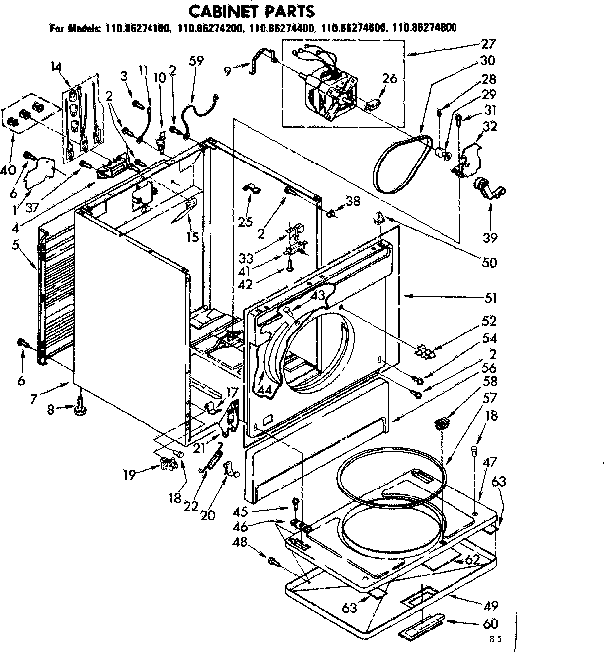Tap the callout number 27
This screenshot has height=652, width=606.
click(x=488, y=44)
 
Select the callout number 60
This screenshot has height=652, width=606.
click(x=487, y=624)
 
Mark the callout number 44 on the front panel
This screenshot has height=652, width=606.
click(x=264, y=390)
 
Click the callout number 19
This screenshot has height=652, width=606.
click(x=129, y=475)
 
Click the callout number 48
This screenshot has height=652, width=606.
click(x=238, y=543)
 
